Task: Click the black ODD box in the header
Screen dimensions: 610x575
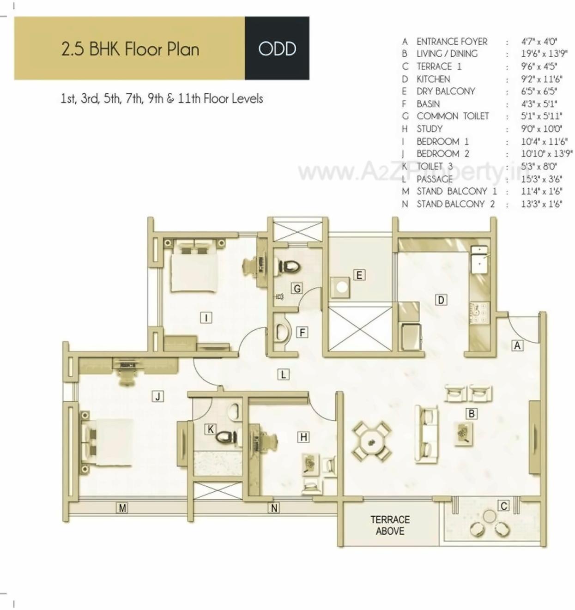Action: click(x=277, y=48)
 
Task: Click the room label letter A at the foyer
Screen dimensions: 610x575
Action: click(x=517, y=345)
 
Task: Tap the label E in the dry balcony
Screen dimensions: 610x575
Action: click(x=359, y=275)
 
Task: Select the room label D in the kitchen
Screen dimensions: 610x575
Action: click(x=441, y=300)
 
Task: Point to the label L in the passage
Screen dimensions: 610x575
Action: click(x=283, y=374)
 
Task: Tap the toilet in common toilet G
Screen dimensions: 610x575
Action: click(x=288, y=267)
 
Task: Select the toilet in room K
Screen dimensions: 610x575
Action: click(x=227, y=436)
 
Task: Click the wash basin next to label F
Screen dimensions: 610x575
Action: click(x=281, y=332)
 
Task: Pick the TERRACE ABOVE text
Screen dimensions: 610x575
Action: click(x=390, y=525)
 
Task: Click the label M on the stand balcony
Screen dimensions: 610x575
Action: click(x=122, y=508)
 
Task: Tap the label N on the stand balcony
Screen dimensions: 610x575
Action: click(x=274, y=508)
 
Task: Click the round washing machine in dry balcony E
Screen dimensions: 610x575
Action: click(x=341, y=287)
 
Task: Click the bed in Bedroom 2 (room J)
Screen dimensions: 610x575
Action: click(x=107, y=442)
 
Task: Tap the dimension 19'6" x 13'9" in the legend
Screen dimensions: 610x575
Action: click(x=544, y=54)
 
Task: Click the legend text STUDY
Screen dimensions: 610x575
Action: click(x=430, y=129)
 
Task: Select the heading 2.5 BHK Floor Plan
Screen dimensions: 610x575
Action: click(x=130, y=49)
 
